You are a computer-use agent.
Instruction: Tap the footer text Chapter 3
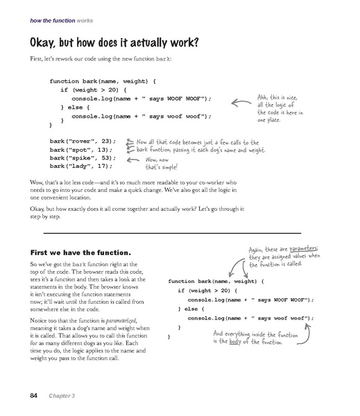(63, 395)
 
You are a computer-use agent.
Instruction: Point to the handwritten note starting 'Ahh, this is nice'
(277, 107)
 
